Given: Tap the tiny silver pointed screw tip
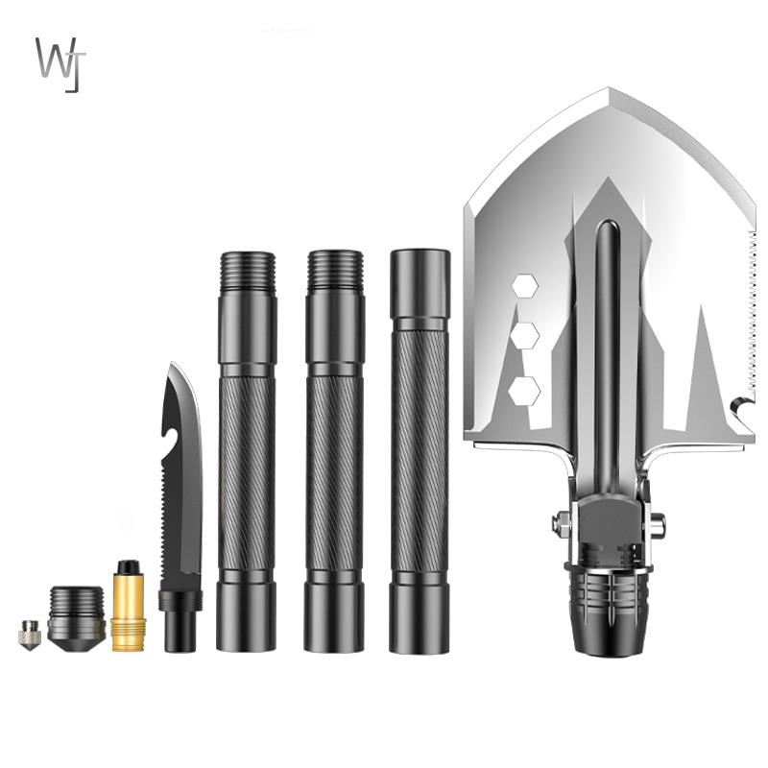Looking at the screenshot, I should click(28, 634).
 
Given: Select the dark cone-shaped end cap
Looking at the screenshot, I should click(76, 619).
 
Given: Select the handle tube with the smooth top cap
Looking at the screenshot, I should click(420, 451).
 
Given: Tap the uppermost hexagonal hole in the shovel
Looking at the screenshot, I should click(524, 285).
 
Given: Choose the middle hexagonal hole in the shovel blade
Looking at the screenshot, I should click(524, 337).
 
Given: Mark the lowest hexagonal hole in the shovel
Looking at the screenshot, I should click(524, 390).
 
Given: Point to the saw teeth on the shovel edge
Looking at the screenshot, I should click(751, 317).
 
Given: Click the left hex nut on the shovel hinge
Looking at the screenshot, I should click(562, 524).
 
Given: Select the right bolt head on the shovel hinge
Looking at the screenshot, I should click(657, 524).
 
